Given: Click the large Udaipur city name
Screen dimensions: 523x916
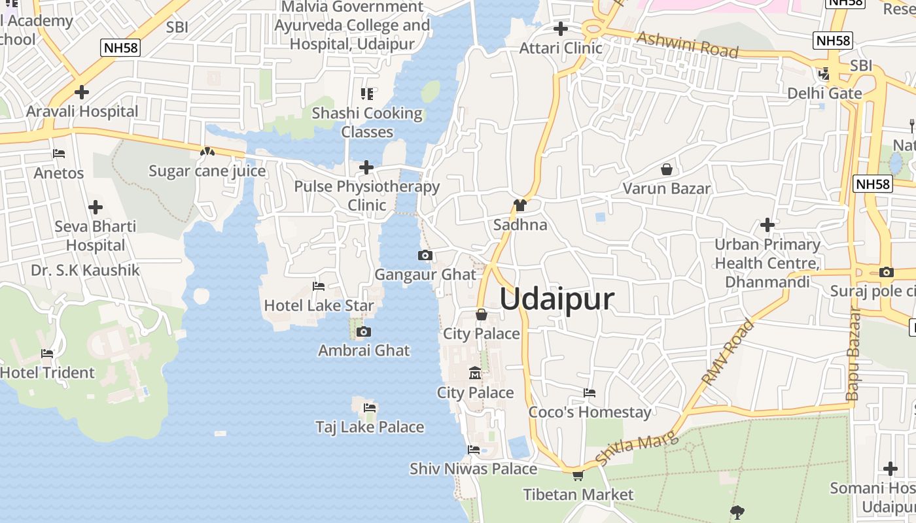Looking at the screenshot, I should pos(557,299).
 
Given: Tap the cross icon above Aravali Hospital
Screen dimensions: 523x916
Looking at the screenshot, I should pos(82,92).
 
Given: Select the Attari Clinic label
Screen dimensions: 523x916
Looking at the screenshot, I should pos(561,48).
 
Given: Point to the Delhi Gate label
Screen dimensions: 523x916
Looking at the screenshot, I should pos(824,93).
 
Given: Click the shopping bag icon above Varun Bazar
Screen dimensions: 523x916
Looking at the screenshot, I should pos(666,170).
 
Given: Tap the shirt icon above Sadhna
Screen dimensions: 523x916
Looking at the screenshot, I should pos(520,205).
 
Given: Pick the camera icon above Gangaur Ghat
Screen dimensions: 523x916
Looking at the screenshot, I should pos(425,256).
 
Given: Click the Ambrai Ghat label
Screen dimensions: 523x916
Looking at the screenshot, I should pos(364,350).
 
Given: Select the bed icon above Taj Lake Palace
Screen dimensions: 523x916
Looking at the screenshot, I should pos(370,408).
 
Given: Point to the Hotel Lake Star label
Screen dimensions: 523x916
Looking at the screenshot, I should pos(319,305).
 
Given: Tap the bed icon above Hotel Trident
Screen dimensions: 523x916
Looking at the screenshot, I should pos(47,354).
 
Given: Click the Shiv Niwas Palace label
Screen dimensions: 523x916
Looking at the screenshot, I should pos(473,469).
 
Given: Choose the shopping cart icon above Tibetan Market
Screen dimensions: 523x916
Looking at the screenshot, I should pos(578,475).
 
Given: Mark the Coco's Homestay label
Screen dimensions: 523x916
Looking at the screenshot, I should pos(590,413).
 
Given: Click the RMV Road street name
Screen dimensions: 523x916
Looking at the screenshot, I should pos(728,352).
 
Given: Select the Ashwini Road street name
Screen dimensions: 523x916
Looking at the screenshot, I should pos(687,44).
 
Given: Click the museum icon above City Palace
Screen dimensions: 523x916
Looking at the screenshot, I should pos(475,373).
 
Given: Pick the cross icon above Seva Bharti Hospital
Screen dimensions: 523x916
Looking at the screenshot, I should pos(96,208).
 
